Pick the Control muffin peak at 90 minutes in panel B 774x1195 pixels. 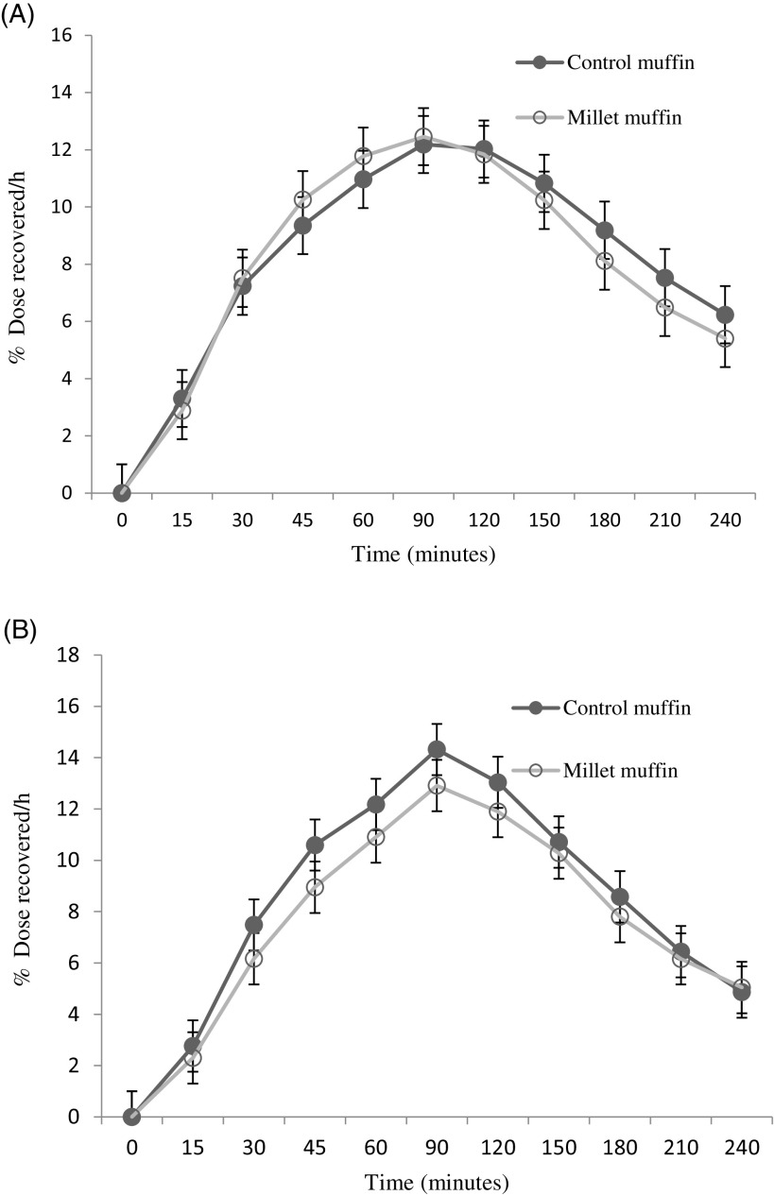click(436, 749)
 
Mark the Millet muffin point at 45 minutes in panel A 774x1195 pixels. click(302, 199)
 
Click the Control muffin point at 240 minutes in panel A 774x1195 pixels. click(725, 315)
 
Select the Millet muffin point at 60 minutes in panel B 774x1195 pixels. click(375, 837)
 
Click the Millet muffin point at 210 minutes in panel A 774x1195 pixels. click(664, 308)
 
